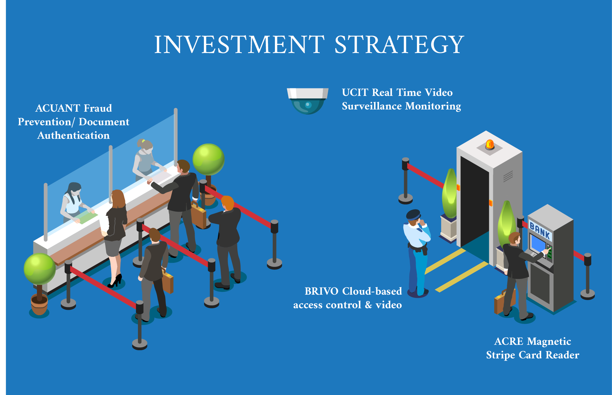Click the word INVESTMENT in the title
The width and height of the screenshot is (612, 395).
tap(239, 44)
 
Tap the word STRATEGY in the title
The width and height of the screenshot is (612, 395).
tap(399, 44)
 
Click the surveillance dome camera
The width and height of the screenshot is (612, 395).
tap(308, 101)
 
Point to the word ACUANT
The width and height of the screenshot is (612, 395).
tap(58, 108)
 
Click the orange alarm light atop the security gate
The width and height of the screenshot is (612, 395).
tap(490, 144)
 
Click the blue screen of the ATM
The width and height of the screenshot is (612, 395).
tap(538, 244)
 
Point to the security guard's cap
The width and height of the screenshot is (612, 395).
tap(413, 215)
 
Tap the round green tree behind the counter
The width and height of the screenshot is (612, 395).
tap(209, 159)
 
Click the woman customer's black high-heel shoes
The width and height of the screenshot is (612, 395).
tap(115, 281)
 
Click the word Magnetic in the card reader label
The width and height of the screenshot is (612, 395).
tap(549, 341)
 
